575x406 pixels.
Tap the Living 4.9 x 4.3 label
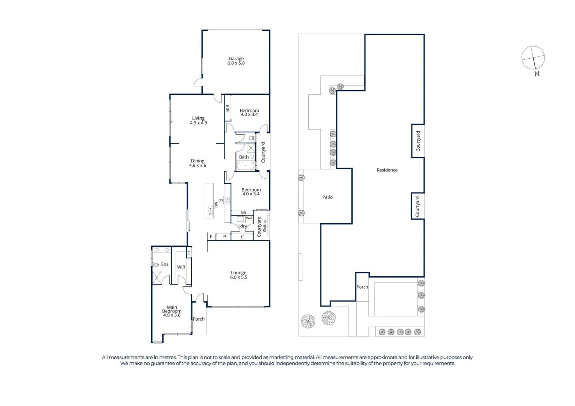coord(198,120)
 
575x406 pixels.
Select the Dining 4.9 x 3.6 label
coord(197,163)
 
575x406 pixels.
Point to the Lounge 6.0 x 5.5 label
coord(238,275)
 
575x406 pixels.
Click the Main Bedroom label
coord(172,311)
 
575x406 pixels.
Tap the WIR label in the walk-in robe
coord(181,267)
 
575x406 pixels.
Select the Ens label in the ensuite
coord(165,264)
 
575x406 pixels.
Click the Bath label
coord(244,157)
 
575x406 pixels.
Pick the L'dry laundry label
coord(242,226)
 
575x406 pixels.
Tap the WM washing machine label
coord(249,218)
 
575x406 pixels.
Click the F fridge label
coord(211,237)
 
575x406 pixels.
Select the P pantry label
coord(225,237)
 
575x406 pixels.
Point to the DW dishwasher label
coord(216,205)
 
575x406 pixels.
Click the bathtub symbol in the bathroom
coord(246,166)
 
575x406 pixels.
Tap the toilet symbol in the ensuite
coord(156,265)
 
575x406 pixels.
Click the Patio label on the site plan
coord(327,197)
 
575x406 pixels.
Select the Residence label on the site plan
coord(387,170)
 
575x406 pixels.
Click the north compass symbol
coord(533,58)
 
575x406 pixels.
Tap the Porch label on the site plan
coord(362,287)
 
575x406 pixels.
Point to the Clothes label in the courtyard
coord(264,226)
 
